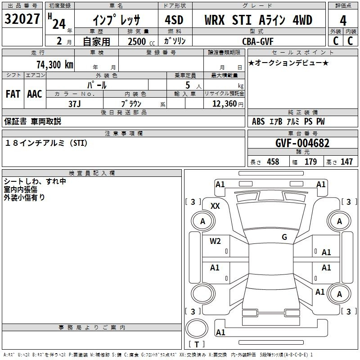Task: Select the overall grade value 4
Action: [x=343, y=21]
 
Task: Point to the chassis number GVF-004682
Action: [x=302, y=144]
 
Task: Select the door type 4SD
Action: [x=175, y=21]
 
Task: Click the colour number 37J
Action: [x=74, y=103]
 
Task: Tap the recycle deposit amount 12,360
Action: [x=224, y=103]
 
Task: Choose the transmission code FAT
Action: [x=13, y=94]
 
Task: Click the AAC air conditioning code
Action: [x=35, y=94]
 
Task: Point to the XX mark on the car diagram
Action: [x=215, y=206]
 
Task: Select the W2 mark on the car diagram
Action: [x=215, y=241]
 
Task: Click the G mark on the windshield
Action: [x=284, y=237]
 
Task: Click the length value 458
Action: [x=273, y=162]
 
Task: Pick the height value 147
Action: [x=346, y=162]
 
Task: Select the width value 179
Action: [x=310, y=162]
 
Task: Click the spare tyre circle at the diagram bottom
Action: [x=198, y=327]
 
